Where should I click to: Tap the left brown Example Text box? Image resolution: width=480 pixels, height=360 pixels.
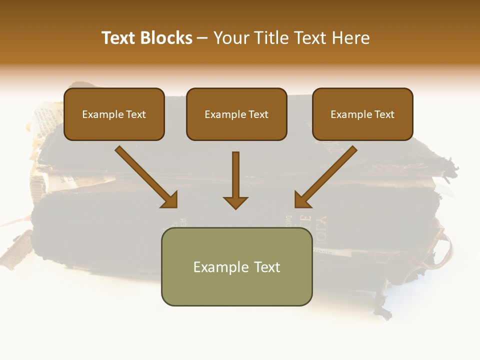(114, 114)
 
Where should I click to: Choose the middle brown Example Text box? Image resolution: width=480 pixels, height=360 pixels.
(236, 114)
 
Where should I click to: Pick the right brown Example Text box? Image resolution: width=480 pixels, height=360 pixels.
(362, 114)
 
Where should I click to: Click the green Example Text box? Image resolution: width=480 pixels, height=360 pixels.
(236, 266)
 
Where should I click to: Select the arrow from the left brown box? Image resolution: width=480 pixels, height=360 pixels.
(145, 176)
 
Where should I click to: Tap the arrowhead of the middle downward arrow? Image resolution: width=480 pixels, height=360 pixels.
(235, 202)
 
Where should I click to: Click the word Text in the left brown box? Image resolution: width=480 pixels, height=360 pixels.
(136, 114)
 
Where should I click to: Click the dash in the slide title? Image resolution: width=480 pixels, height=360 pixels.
(202, 38)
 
